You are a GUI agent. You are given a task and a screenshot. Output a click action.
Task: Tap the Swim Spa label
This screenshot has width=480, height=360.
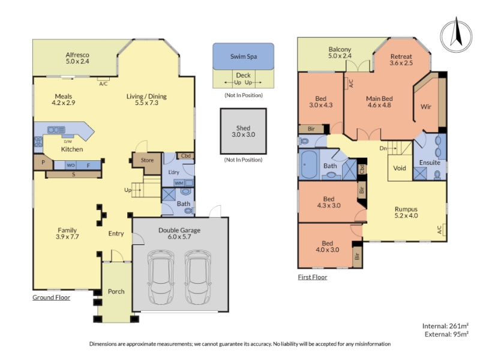point(244,56)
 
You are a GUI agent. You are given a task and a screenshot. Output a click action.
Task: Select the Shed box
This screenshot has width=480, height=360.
point(244,131)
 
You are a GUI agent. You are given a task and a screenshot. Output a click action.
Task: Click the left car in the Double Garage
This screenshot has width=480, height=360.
point(161,277)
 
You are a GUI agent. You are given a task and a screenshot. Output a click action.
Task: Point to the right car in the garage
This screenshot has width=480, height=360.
point(198,277)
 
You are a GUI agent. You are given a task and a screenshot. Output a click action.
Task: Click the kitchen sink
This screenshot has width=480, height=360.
point(56,130)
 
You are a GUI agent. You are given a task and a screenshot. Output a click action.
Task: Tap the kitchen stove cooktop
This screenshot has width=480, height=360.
point(38,142)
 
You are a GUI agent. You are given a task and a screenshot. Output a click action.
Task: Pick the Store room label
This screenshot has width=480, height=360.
point(147,160)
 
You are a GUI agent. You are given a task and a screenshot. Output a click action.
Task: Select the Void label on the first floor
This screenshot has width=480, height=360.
point(400,168)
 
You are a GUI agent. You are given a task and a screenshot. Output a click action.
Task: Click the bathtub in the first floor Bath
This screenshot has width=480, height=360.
point(308,164)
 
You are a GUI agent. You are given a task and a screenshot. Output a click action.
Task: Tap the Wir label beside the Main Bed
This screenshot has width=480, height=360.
point(426,107)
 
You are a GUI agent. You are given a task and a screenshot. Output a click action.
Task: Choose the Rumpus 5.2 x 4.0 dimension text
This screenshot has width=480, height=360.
point(406,215)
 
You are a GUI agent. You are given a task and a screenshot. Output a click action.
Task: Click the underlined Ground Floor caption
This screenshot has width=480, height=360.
point(52,298)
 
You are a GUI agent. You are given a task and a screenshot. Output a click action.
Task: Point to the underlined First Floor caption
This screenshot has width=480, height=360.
point(313,277)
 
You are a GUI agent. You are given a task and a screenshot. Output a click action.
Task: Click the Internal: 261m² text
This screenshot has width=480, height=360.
point(445,326)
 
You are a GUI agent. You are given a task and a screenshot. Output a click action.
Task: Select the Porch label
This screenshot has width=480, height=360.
point(116,292)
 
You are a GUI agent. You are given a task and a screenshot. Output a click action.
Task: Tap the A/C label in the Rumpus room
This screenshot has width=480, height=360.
point(440,230)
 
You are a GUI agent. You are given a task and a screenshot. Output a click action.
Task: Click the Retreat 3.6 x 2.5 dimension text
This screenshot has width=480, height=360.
point(401,63)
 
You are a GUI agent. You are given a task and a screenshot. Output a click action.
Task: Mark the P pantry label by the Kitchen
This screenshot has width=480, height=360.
point(43,162)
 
